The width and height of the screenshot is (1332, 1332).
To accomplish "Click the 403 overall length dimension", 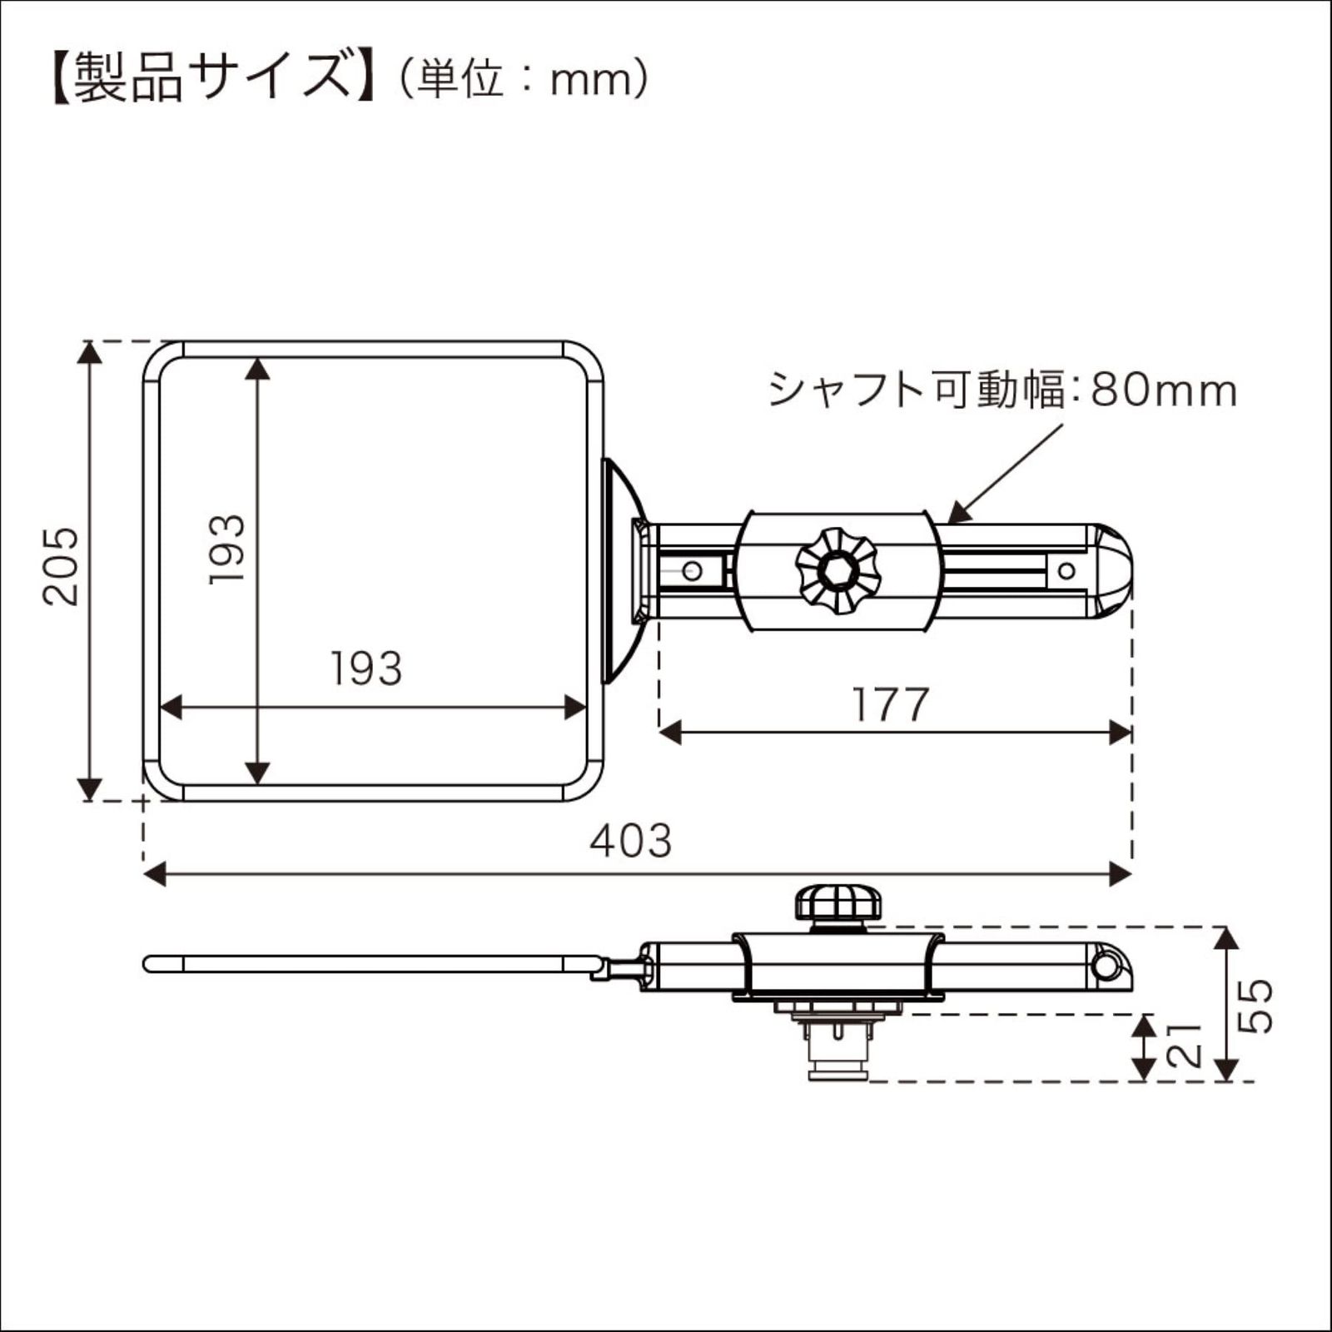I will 630,841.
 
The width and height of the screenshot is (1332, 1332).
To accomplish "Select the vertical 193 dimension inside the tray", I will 227,549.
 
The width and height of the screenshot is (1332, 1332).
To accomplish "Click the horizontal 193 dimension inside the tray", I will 366,668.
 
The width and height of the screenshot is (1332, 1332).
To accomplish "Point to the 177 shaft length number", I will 890,705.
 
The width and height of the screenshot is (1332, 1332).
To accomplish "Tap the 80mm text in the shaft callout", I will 1163,390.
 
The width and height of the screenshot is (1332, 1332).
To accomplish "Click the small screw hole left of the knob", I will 691,571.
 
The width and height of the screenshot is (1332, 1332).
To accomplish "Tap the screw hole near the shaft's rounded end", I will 1066,571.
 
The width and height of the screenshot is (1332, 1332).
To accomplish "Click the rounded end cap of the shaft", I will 1112,571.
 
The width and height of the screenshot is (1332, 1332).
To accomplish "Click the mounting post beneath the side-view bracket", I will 838,1049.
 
